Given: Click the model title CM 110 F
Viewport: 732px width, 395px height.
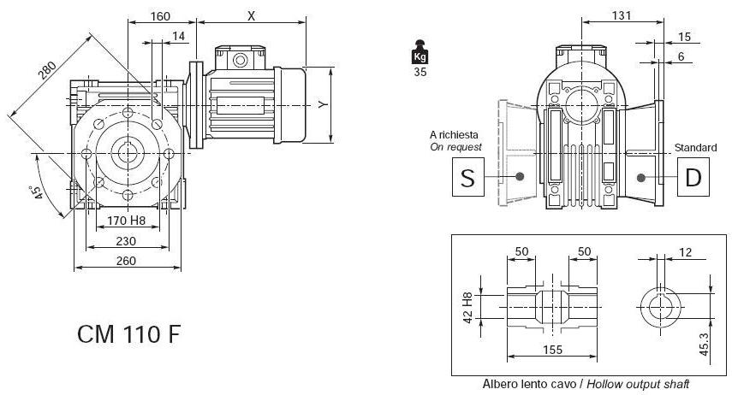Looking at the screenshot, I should (x=129, y=333).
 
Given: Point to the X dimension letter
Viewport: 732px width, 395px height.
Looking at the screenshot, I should (x=251, y=15).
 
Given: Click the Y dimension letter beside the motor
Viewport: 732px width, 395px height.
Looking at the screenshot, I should (x=322, y=104).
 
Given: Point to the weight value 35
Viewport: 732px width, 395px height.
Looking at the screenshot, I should (x=420, y=73).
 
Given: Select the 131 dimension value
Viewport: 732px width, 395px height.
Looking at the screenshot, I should (x=622, y=15).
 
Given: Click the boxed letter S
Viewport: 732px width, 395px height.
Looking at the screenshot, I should (x=467, y=178).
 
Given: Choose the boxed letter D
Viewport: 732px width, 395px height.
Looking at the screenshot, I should (x=693, y=178).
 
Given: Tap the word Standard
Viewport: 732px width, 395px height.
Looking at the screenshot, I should (x=695, y=148).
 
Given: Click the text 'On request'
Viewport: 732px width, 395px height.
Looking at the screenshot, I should (x=455, y=147).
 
